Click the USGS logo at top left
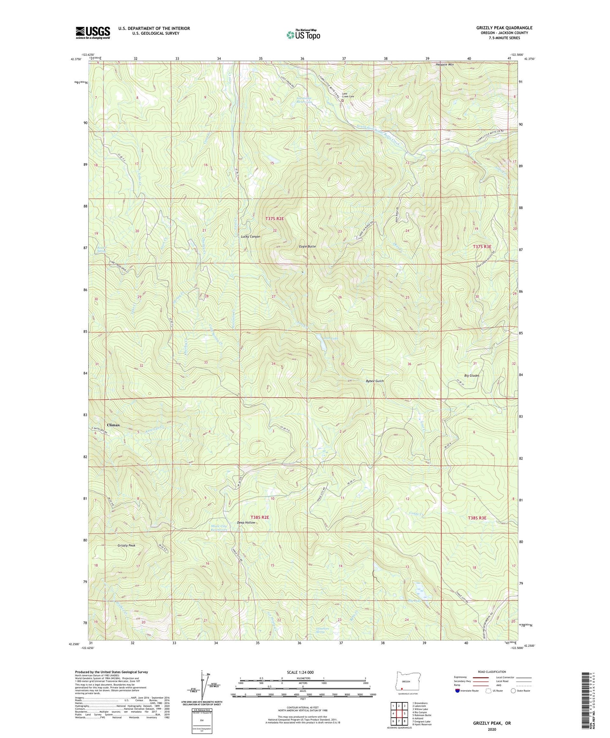click(93, 32)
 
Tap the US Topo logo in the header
click(304, 35)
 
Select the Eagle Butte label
click(307, 246)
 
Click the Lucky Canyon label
click(250, 237)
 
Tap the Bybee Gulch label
click(374, 381)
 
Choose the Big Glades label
click(472, 375)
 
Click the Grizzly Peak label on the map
click(126, 546)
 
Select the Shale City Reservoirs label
click(219, 528)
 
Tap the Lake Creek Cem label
click(348, 95)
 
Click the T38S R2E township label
click(260, 517)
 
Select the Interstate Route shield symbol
click(458, 691)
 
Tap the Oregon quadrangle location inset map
click(406, 681)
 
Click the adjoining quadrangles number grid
click(399, 714)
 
